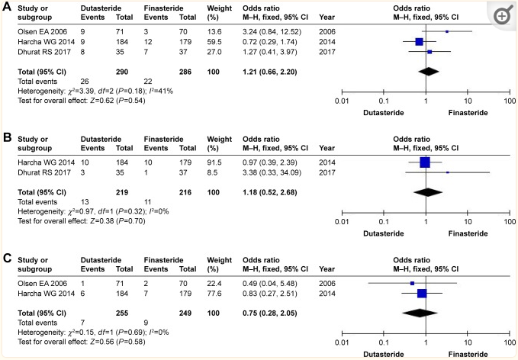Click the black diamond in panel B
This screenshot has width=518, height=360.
[x=428, y=191]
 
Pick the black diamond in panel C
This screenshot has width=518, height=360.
[x=419, y=311]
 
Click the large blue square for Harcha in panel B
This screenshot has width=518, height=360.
[x=425, y=162]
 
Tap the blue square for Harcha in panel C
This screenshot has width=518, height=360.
[x=421, y=293]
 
